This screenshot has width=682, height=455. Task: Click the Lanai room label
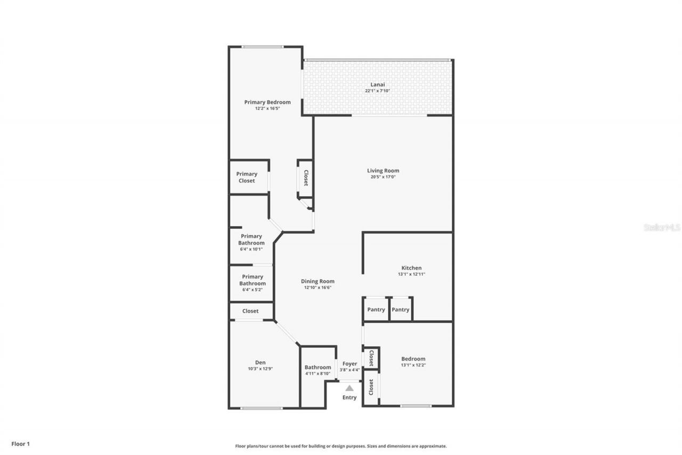pos(378,84)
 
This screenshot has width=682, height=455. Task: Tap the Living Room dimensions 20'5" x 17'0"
pos(383,177)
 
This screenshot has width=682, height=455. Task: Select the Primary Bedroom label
pos(267,102)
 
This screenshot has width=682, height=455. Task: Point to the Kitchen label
pos(411,268)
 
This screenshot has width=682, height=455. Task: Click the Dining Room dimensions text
pos(318,288)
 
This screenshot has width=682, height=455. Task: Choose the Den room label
pos(260,363)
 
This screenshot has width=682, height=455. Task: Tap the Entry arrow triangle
pos(350,388)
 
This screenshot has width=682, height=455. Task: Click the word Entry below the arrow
pos(350,397)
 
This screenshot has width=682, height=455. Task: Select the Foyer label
pos(350,364)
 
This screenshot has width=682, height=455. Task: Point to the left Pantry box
pos(376,309)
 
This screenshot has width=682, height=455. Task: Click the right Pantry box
pos(401,309)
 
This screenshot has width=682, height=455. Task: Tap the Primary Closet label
pos(247,177)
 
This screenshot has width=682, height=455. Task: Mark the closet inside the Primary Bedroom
pos(306,178)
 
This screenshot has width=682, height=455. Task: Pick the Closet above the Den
pos(250,311)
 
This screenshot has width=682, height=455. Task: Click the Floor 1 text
pos(21,443)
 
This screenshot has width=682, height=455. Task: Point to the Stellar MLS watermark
pos(662,227)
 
